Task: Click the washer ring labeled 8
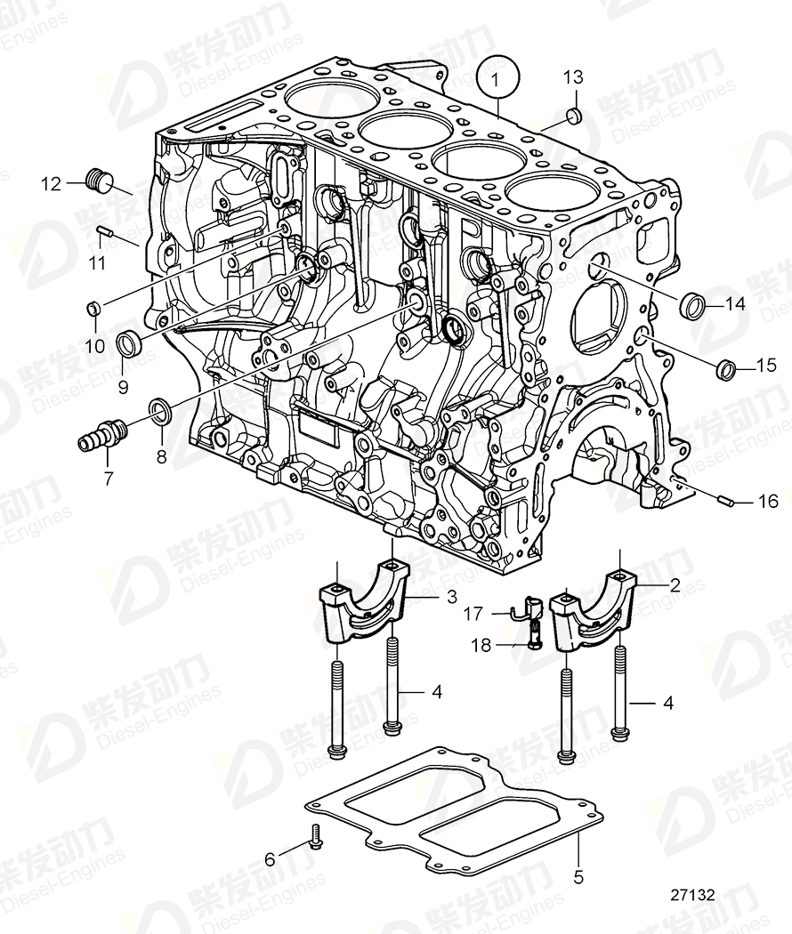click(161, 408)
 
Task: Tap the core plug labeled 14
click(692, 304)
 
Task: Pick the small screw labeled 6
click(315, 836)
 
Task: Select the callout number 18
click(481, 645)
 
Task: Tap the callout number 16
click(767, 502)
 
